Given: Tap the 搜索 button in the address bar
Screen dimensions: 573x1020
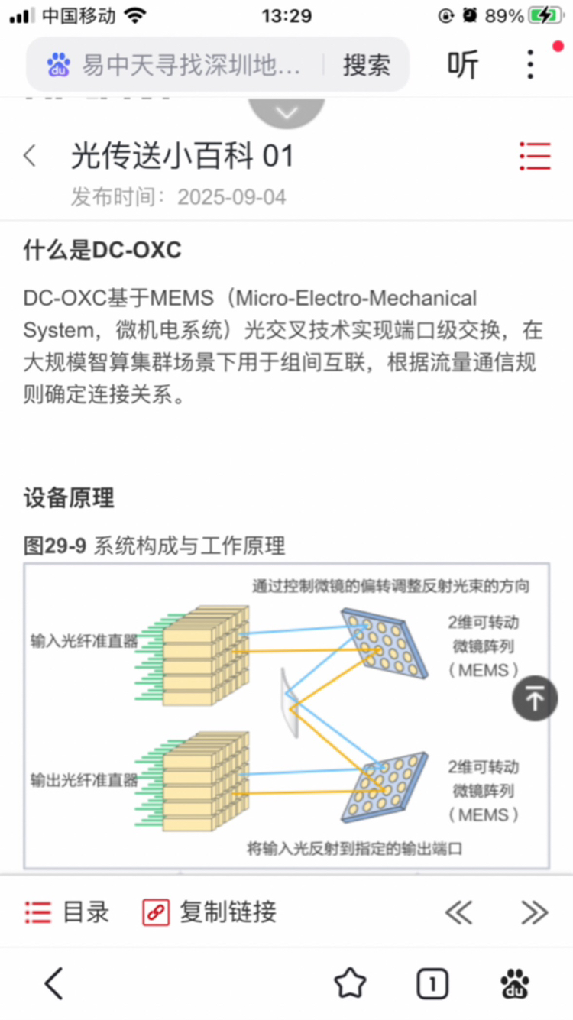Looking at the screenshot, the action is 367,65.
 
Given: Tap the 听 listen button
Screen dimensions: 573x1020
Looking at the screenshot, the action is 462,65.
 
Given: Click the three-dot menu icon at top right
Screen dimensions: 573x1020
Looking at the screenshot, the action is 529,65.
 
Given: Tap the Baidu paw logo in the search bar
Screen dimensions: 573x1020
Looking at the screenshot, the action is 59,65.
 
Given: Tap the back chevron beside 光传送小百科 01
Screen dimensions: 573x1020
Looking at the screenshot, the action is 30,156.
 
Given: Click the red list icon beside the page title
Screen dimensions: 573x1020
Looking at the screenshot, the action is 536,156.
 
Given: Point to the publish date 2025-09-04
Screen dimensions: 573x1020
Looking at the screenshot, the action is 231,197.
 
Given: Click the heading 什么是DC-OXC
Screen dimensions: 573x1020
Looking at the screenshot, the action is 102,250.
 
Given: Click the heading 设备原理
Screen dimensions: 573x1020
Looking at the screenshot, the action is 69,497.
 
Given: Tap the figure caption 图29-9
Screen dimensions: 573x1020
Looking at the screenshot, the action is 55,546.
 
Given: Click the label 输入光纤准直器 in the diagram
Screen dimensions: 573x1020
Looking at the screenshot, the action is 84,641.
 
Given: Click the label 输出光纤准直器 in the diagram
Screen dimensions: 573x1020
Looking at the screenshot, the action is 84,780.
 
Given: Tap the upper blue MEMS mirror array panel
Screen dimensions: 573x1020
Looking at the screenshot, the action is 385,643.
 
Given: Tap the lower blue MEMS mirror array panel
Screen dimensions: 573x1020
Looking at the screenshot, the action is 385,787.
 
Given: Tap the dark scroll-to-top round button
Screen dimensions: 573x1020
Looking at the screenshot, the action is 535,698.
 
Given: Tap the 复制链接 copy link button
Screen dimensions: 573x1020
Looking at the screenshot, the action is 209,912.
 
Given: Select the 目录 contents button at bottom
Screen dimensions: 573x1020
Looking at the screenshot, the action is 67,912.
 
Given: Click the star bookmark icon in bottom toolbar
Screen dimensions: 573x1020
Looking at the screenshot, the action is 350,983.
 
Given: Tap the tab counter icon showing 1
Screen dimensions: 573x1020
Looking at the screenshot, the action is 432,983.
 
